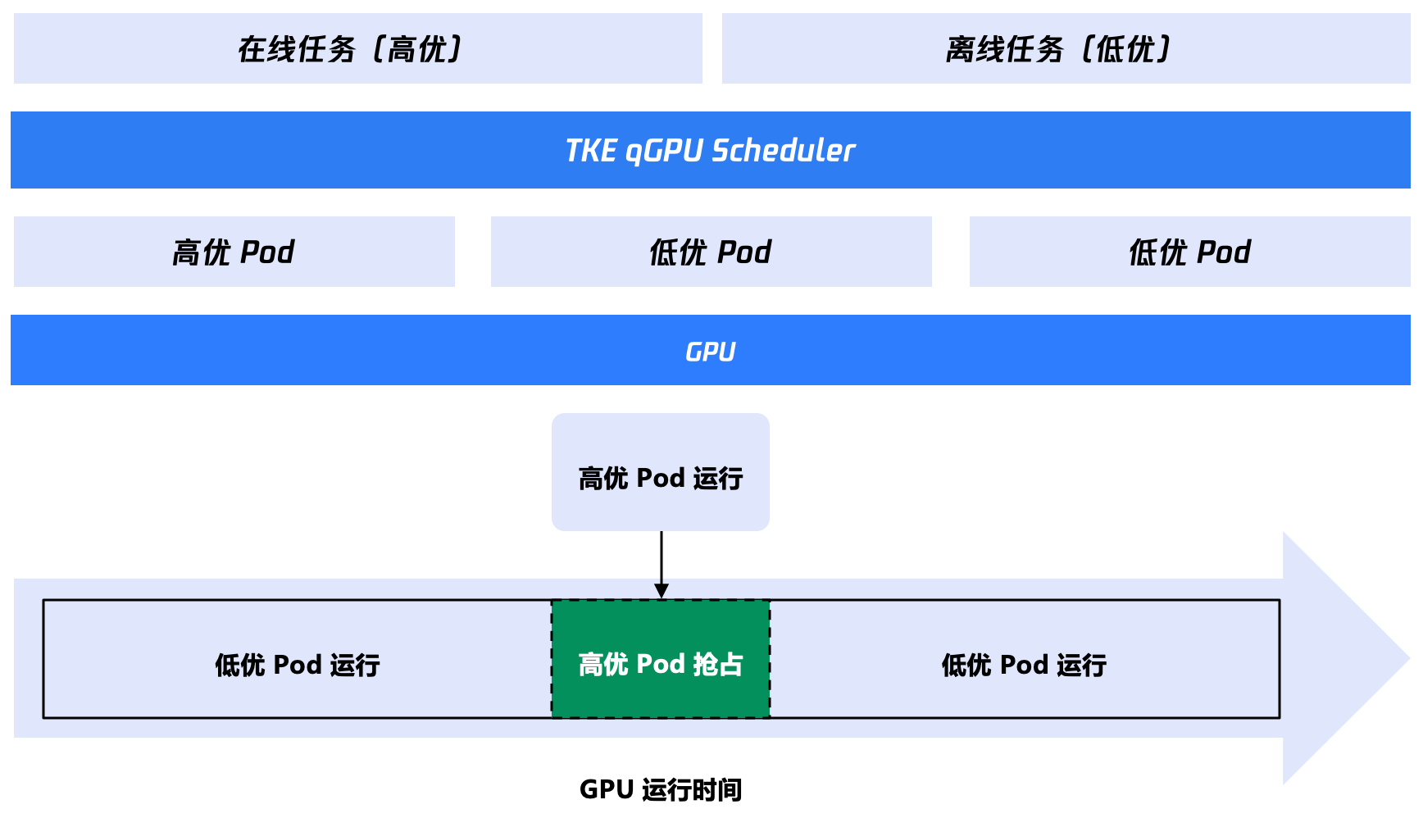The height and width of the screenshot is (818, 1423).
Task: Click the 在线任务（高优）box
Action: pos(358,48)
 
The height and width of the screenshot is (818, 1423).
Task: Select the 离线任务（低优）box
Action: pos(1066,48)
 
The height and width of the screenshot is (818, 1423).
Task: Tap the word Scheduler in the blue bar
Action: pos(783,151)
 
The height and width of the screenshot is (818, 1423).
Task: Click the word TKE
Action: pos(591,151)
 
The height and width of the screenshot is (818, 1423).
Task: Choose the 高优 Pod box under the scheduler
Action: pos(234,252)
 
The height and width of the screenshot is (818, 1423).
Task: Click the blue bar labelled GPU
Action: pos(711,350)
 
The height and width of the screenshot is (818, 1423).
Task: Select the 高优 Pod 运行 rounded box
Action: pos(661,472)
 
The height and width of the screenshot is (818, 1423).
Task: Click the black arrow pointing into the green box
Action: pos(661,565)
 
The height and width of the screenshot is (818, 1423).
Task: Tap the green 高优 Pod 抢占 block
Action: pos(661,659)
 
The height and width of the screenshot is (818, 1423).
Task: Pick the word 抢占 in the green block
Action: pos(718,664)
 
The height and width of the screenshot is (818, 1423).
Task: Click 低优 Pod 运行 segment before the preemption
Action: pos(298,659)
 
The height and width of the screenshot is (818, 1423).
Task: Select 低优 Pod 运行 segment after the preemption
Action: pos(1025,659)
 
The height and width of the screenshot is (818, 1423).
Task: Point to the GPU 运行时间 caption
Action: pos(661,789)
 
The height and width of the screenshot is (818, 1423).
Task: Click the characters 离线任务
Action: pos(1004,49)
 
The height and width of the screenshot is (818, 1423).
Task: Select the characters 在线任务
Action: pos(297,49)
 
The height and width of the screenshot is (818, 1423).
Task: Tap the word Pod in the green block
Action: pos(661,664)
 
